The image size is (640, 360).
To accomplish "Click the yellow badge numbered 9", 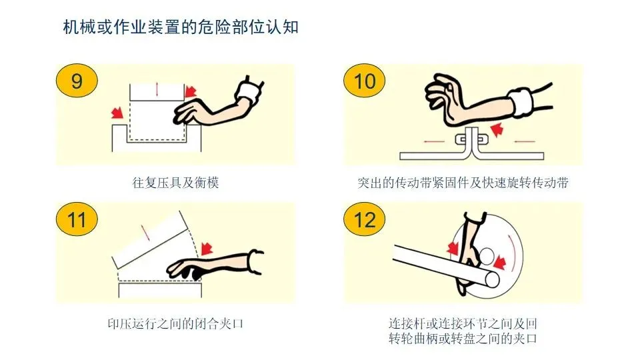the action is coord(77,81).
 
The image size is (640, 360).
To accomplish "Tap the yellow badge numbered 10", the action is coord(365,81).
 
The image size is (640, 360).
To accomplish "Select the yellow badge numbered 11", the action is coord(77,219).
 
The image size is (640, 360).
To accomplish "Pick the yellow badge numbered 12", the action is coord(365,219).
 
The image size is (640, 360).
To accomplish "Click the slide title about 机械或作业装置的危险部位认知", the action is coord(181,27).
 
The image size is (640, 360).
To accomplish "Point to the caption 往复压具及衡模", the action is coord(175,183).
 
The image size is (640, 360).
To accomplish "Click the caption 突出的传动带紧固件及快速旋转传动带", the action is coord(463,183).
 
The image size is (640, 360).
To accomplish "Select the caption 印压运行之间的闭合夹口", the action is coord(175,324).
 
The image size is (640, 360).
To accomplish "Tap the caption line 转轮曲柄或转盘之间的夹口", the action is coord(463,339).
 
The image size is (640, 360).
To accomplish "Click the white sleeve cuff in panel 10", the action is coord(521,103).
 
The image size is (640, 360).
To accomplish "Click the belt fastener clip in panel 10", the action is coord(472,139).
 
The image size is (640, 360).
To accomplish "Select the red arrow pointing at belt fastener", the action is coord(497,130).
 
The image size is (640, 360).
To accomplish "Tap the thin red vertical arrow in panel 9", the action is coord(157,89).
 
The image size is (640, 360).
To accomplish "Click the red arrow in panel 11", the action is coord(207,248).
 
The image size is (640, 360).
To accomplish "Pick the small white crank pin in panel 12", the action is coord(486,255).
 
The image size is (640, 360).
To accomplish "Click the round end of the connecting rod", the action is coord(491,280).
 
